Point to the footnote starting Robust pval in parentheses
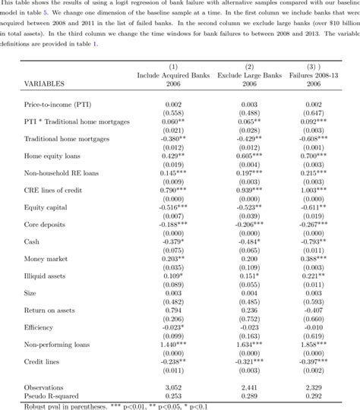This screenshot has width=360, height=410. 91,405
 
